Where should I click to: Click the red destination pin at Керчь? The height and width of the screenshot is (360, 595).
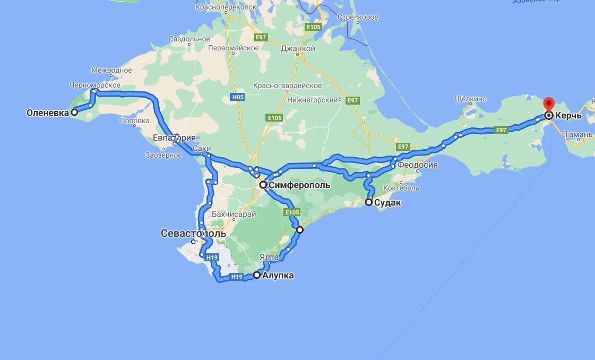click(548, 105)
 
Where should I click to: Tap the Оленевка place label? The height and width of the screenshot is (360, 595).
click(48, 113)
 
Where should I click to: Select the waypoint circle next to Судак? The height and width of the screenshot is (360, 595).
click(369, 202)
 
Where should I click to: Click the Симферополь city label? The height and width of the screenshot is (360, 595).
click(299, 185)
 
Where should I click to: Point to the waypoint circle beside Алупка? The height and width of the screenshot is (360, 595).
click(257, 275)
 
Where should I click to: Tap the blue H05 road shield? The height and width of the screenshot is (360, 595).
click(237, 97)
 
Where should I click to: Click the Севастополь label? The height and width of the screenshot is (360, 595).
click(193, 234)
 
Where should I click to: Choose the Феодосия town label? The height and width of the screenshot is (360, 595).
click(418, 165)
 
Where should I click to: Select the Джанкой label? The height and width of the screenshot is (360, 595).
click(298, 49)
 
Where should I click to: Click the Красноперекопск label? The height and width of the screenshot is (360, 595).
click(226, 7)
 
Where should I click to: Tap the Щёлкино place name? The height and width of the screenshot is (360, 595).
click(471, 99)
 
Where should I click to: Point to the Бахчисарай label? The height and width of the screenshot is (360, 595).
click(234, 215)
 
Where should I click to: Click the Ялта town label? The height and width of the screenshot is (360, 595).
click(269, 258)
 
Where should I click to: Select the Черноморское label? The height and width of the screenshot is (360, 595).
click(94, 85)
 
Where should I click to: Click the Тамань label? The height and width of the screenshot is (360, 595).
click(578, 135)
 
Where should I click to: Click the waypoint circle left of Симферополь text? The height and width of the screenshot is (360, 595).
click(263, 185)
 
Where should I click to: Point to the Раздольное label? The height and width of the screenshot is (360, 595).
click(189, 39)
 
